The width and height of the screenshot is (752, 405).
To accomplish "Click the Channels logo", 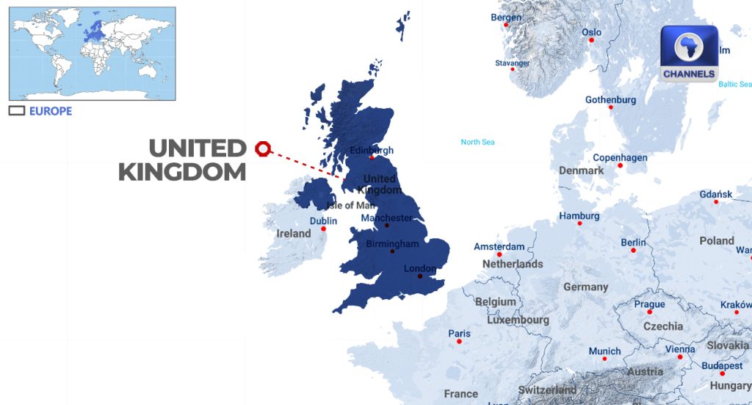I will tap(689, 53).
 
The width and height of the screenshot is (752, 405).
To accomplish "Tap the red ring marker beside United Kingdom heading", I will tap(262, 149).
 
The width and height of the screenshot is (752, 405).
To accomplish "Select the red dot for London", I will tap(420, 277).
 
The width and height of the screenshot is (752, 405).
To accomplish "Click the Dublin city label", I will tap(323, 221).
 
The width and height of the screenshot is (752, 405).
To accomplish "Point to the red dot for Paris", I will tap(459, 341).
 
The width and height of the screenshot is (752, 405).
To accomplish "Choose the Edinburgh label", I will tap(372, 150).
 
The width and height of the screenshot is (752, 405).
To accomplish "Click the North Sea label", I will tap(477, 142).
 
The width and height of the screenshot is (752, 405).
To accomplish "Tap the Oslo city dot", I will tap(591, 40).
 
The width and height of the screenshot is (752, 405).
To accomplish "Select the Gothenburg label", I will tap(610, 100).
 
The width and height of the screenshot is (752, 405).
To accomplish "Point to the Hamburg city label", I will tap(579, 216).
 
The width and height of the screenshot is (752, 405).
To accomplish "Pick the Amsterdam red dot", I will tap(499, 254).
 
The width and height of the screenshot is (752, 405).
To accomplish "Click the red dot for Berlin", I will tap(633, 251).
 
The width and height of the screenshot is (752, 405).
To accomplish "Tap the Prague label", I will tap(649, 304).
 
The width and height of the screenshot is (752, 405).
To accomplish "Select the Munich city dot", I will tap(604, 358).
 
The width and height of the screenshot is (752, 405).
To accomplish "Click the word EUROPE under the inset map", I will tap(51, 111).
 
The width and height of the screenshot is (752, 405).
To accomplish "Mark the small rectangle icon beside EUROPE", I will tap(16, 111).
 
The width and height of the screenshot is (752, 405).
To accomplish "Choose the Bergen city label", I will tap(506, 17).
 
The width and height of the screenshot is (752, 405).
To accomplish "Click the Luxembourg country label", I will tap(518, 320).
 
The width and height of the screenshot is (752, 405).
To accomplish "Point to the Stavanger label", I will tap(512, 63).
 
